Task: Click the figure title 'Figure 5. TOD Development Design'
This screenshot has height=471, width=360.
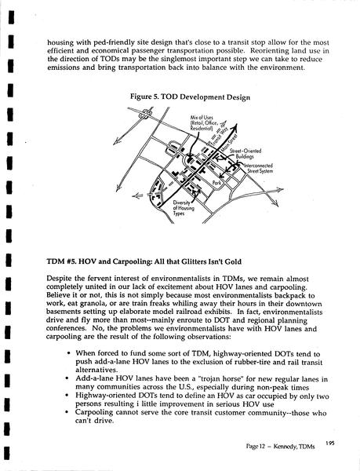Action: (x=190, y=97)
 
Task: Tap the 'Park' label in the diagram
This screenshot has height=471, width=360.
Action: (x=216, y=183)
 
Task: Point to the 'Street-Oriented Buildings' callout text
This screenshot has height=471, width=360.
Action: (x=245, y=154)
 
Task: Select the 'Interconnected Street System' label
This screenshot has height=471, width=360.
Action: (x=259, y=168)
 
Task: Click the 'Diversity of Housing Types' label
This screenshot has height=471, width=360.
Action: (x=184, y=208)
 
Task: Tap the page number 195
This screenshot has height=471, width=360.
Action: (x=329, y=444)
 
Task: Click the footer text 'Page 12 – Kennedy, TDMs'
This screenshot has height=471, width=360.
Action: (x=280, y=447)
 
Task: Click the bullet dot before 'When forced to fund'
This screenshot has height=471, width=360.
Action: (x=69, y=353)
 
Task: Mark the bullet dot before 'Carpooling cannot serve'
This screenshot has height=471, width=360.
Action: (x=67, y=412)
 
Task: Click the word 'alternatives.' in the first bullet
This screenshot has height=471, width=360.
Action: (x=96, y=370)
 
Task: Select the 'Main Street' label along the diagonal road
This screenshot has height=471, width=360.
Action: (x=229, y=143)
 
